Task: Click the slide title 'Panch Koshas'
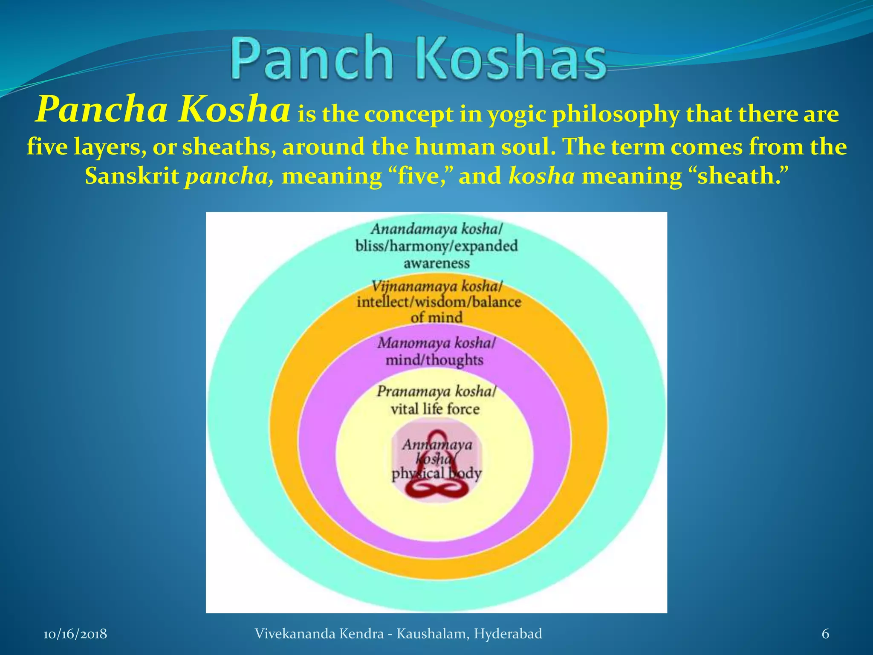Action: pyautogui.click(x=419, y=58)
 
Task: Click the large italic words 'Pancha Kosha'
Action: pyautogui.click(x=163, y=109)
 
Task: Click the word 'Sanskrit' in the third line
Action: pyautogui.click(x=132, y=176)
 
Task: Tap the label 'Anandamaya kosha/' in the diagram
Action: pyautogui.click(x=436, y=229)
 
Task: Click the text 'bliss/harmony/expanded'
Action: pyautogui.click(x=436, y=246)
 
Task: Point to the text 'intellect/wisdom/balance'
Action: pyautogui.click(x=439, y=302)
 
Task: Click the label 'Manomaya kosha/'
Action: pyautogui.click(x=436, y=343)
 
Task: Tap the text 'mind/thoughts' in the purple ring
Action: pyautogui.click(x=434, y=360)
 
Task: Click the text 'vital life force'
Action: pyautogui.click(x=435, y=409)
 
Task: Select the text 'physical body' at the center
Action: pyautogui.click(x=436, y=473)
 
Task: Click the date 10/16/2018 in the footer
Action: pyautogui.click(x=75, y=634)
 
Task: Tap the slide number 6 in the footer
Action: pyautogui.click(x=825, y=634)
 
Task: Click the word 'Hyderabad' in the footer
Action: pyautogui.click(x=508, y=634)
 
